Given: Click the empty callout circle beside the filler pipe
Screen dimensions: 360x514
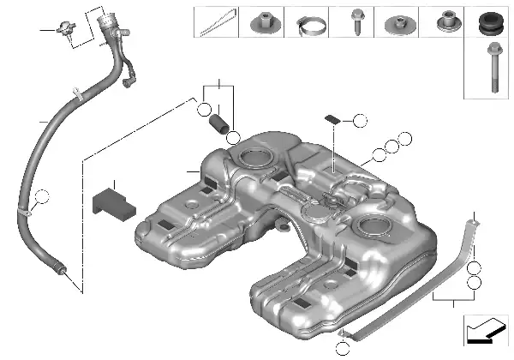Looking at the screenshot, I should tap(42, 201).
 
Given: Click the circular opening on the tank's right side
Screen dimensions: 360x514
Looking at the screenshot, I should tap(374, 228).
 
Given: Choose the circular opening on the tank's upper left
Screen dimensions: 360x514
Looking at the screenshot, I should tap(254, 159).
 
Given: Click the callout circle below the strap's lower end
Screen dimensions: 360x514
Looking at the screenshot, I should tap(343, 347).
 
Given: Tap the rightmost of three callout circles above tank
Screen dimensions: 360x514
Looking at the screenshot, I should tap(404, 139).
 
